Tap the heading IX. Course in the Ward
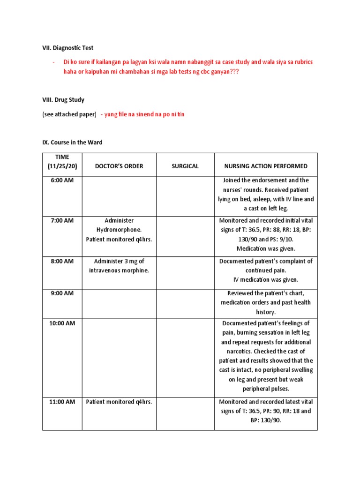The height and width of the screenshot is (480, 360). tap(73, 142)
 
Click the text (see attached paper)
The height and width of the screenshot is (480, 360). tap(69, 114)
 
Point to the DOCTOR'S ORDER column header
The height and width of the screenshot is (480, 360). tap(119, 166)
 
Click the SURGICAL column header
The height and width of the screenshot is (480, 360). tap(185, 166)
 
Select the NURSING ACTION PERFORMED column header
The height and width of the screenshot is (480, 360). tap(266, 166)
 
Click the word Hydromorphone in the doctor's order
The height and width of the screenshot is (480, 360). tap(119, 230)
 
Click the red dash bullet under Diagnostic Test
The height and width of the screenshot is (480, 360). tap(54, 62)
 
